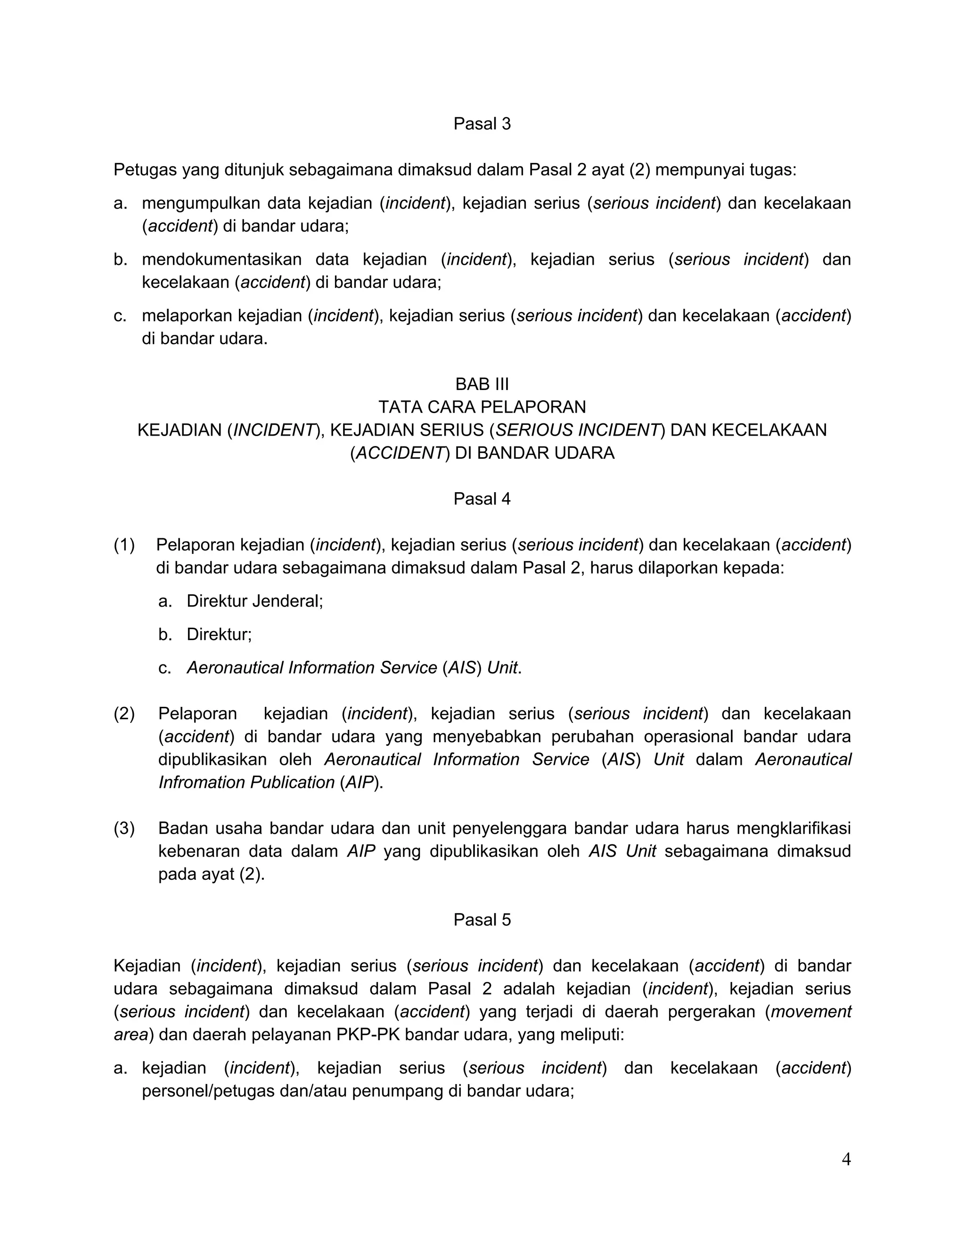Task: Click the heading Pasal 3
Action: coord(482,123)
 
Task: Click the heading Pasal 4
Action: coord(482,499)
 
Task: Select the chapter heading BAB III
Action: coord(482,383)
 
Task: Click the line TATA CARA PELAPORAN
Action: coord(482,407)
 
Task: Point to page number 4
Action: coord(846,1159)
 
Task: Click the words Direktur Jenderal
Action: coord(254,600)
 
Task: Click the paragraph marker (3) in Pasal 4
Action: coord(124,828)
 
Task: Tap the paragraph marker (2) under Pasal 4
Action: coord(124,713)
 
